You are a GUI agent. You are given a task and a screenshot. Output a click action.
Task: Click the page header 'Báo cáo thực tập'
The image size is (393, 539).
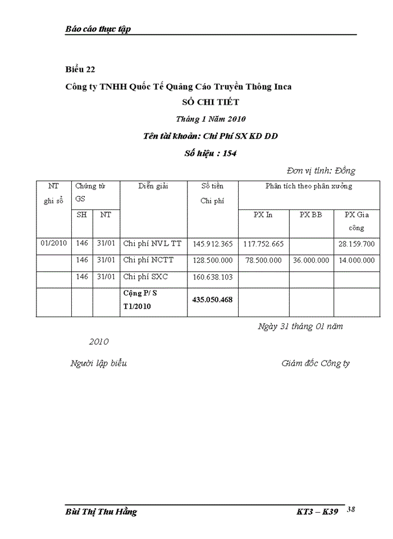[x=98, y=29]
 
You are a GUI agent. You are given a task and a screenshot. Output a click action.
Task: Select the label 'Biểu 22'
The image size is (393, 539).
[x=80, y=70]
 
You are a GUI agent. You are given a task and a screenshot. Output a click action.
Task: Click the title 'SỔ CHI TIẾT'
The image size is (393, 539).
[x=211, y=102]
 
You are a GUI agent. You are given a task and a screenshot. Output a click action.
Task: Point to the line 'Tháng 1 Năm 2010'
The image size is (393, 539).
[x=211, y=119]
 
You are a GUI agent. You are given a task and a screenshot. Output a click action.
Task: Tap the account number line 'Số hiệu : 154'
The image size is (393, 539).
[x=211, y=153]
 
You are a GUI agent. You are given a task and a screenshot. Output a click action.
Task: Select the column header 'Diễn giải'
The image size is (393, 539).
[x=153, y=186]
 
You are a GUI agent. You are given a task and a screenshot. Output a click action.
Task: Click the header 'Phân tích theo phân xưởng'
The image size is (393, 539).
[x=309, y=186]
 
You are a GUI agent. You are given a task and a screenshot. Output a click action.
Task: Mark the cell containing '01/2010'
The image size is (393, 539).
[x=54, y=244]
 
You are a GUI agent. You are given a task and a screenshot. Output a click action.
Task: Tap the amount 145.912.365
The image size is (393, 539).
[x=212, y=244]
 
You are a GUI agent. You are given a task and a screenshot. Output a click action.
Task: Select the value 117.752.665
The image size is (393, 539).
[x=263, y=244]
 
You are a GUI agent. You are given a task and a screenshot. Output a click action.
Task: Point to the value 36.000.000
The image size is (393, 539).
[x=311, y=261]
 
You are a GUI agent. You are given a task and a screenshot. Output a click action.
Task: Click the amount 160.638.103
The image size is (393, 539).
[x=212, y=277]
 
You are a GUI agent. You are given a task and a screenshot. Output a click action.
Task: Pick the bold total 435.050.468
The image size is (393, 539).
[x=212, y=300]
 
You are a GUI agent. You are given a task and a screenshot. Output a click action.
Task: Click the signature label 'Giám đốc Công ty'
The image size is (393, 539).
[x=316, y=363]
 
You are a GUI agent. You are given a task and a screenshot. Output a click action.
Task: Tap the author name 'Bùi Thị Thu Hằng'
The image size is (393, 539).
[x=101, y=512]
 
